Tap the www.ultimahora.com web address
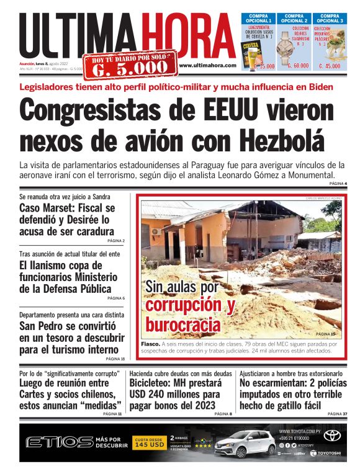click(x=207, y=65)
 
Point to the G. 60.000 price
click(x=297, y=66)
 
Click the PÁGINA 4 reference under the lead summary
click(x=337, y=184)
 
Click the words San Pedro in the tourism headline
click(x=43, y=326)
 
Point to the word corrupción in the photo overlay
click(x=184, y=306)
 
